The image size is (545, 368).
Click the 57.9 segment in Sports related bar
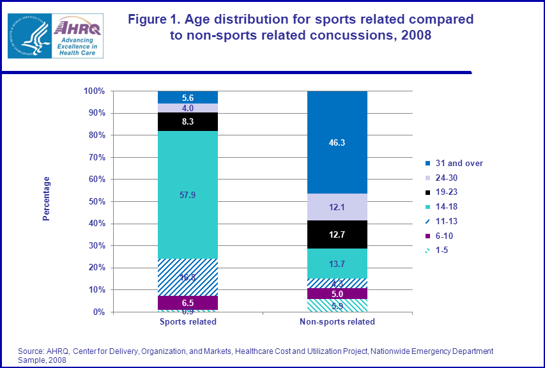pos(188,195)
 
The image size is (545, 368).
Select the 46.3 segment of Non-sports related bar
pos(337,142)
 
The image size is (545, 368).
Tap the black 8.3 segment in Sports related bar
pos(188,121)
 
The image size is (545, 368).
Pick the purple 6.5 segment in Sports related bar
pos(188,303)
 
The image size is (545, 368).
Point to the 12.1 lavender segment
pos(337,207)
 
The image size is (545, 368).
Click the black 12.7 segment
pos(337,234)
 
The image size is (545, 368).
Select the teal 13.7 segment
pos(337,263)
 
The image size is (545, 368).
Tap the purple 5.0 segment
pos(337,294)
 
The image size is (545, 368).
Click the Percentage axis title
pos(46,199)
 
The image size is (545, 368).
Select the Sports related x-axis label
pos(188,322)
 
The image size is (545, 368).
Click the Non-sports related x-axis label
pos(337,322)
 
